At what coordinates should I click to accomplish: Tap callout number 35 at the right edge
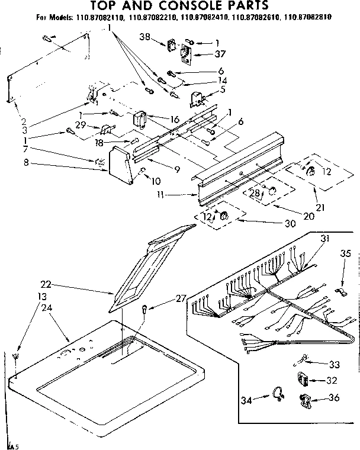click(346, 255)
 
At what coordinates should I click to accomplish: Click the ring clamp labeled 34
click(278, 393)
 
